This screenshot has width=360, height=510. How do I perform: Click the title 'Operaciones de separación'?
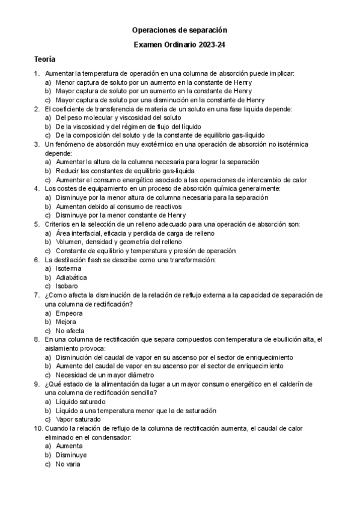coord(180,29)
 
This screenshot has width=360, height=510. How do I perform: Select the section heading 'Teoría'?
coord(44,60)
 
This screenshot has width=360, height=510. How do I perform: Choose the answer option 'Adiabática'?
coord(71,278)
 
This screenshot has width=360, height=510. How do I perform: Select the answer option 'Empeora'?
coord(69,313)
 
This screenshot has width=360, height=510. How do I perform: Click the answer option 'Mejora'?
coord(66,322)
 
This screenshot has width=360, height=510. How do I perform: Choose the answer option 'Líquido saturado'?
coord(80,402)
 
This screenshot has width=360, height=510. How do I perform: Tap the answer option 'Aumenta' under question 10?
coord(70,447)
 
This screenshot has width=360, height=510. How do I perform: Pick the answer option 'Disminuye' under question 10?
coord(71,455)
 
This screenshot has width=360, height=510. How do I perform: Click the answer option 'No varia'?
coord(68,464)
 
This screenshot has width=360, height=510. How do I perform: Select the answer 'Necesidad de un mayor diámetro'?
coord(106,375)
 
